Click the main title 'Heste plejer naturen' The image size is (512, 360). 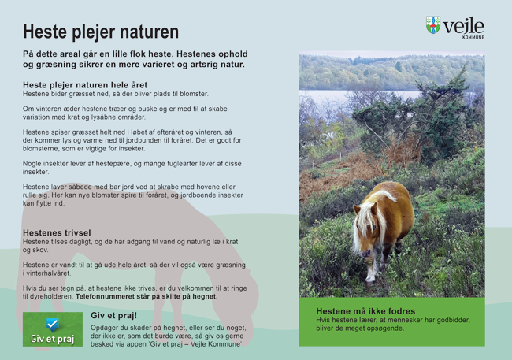(101, 32)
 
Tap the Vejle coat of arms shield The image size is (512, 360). (433, 25)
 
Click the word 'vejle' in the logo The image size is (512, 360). (464, 26)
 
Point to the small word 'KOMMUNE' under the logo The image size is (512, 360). (473, 37)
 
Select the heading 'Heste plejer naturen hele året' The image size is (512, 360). (85, 85)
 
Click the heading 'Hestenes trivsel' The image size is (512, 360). (57, 232)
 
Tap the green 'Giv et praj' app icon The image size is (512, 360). (53, 329)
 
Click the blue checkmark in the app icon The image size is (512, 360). (52, 325)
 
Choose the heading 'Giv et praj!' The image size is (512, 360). (113, 316)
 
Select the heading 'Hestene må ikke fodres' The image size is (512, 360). (365, 311)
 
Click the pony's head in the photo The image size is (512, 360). (364, 232)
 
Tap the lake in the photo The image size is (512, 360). (359, 96)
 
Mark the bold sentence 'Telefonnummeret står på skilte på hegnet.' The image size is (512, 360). (147, 297)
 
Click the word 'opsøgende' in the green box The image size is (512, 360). (387, 328)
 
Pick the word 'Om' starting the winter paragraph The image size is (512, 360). (28, 109)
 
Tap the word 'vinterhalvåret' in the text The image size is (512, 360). (48, 273)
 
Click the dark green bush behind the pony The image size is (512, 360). (425, 121)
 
